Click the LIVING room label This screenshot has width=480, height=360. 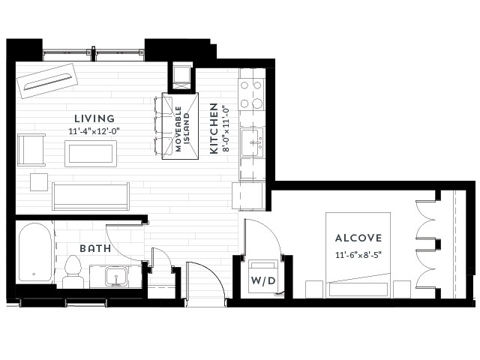[x=94, y=118]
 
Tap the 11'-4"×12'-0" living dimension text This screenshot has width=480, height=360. [x=94, y=131]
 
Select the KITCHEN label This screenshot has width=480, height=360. [x=214, y=128]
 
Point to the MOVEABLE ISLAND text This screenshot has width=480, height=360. [x=182, y=129]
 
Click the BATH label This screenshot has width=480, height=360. [x=95, y=248]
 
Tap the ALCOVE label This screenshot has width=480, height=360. [x=358, y=238]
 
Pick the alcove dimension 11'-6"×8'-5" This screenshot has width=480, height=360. [x=358, y=255]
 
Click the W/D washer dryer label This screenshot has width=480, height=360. [x=263, y=280]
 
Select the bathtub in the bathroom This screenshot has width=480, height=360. [x=35, y=252]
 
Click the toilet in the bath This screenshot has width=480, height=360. [x=73, y=271]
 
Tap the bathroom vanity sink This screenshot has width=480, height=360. [x=116, y=277]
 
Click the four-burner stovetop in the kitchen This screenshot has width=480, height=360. [x=251, y=94]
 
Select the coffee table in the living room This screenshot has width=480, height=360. [x=91, y=154]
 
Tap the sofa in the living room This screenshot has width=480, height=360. [x=91, y=196]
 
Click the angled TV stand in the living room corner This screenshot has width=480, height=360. [x=48, y=81]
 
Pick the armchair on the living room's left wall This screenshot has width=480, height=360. [x=31, y=150]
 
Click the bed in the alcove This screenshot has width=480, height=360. [x=358, y=255]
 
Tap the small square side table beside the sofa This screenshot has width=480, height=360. [x=39, y=182]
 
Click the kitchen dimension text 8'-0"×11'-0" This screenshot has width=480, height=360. [x=226, y=129]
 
